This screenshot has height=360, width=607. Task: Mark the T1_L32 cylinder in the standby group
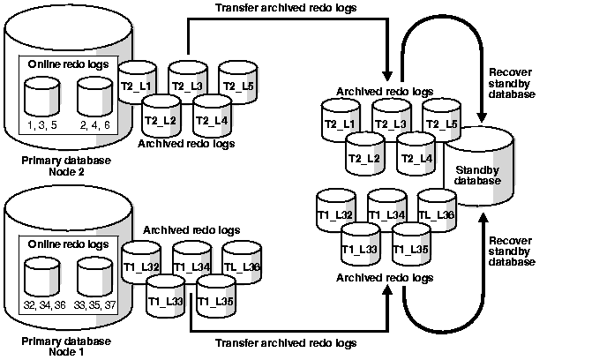coord(334,212)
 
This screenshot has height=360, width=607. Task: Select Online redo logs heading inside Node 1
coord(68,244)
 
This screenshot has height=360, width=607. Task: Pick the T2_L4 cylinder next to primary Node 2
coord(211,115)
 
